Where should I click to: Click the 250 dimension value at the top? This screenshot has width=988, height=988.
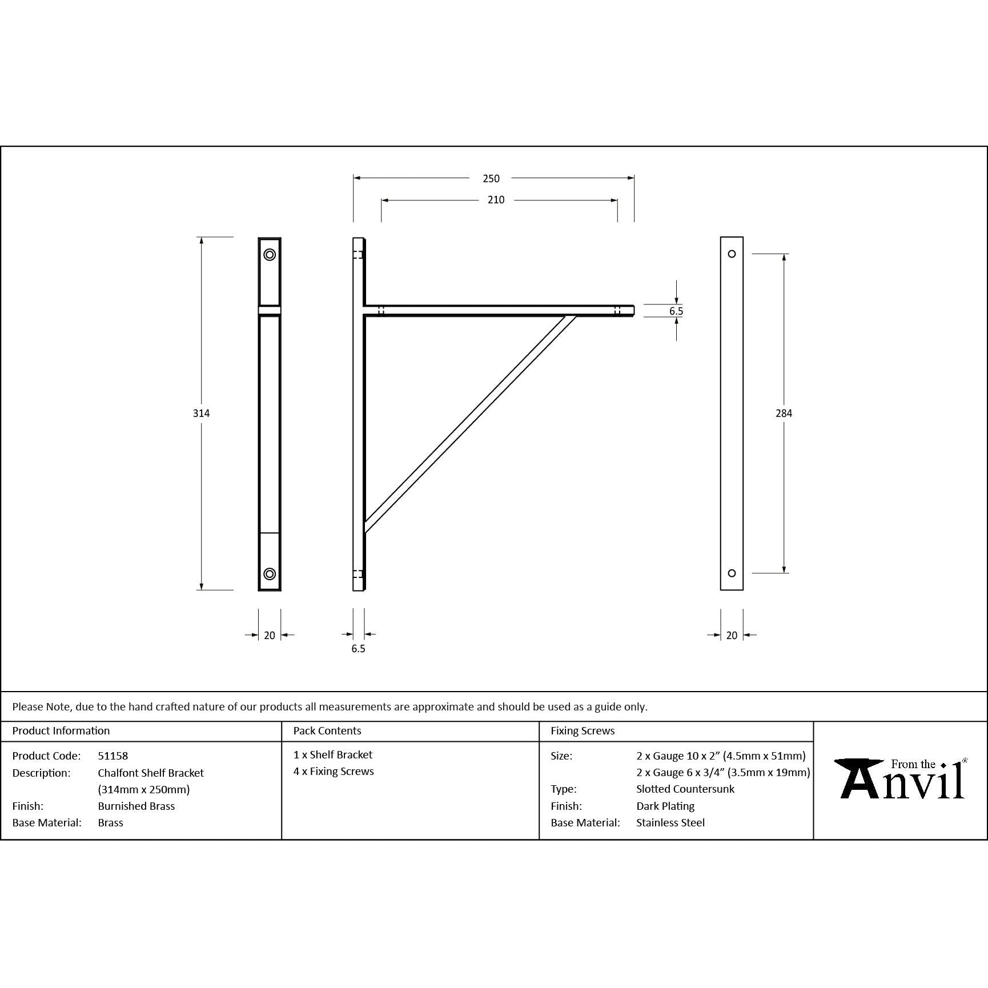[x=491, y=179]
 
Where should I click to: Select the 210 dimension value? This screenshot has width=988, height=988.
[x=496, y=200]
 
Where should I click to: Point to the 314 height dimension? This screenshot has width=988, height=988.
[x=201, y=413]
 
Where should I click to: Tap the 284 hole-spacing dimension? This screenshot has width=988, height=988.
[x=784, y=413]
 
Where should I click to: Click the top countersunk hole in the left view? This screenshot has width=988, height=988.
[x=270, y=255]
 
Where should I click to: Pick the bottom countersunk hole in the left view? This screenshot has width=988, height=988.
[x=270, y=574]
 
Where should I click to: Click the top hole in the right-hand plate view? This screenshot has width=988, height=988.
[x=732, y=254]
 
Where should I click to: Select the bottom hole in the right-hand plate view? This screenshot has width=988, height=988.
[x=732, y=573]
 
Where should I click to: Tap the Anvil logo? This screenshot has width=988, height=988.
[x=901, y=778]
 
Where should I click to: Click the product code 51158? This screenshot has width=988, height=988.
[x=113, y=756]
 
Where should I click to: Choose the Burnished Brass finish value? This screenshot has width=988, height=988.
[x=136, y=806]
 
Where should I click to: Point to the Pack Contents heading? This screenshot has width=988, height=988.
[x=327, y=731]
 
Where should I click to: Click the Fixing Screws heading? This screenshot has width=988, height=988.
[x=583, y=731]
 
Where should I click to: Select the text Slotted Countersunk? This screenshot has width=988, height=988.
[x=685, y=789]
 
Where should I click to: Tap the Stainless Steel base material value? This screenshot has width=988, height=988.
[x=670, y=823]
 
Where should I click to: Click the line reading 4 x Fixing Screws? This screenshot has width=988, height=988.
[x=334, y=772]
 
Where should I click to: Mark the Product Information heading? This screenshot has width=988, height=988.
[x=61, y=731]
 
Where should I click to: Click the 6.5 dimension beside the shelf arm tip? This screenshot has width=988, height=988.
[x=676, y=311]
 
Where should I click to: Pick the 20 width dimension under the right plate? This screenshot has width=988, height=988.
[x=732, y=636]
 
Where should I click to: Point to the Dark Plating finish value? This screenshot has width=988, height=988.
[x=665, y=806]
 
